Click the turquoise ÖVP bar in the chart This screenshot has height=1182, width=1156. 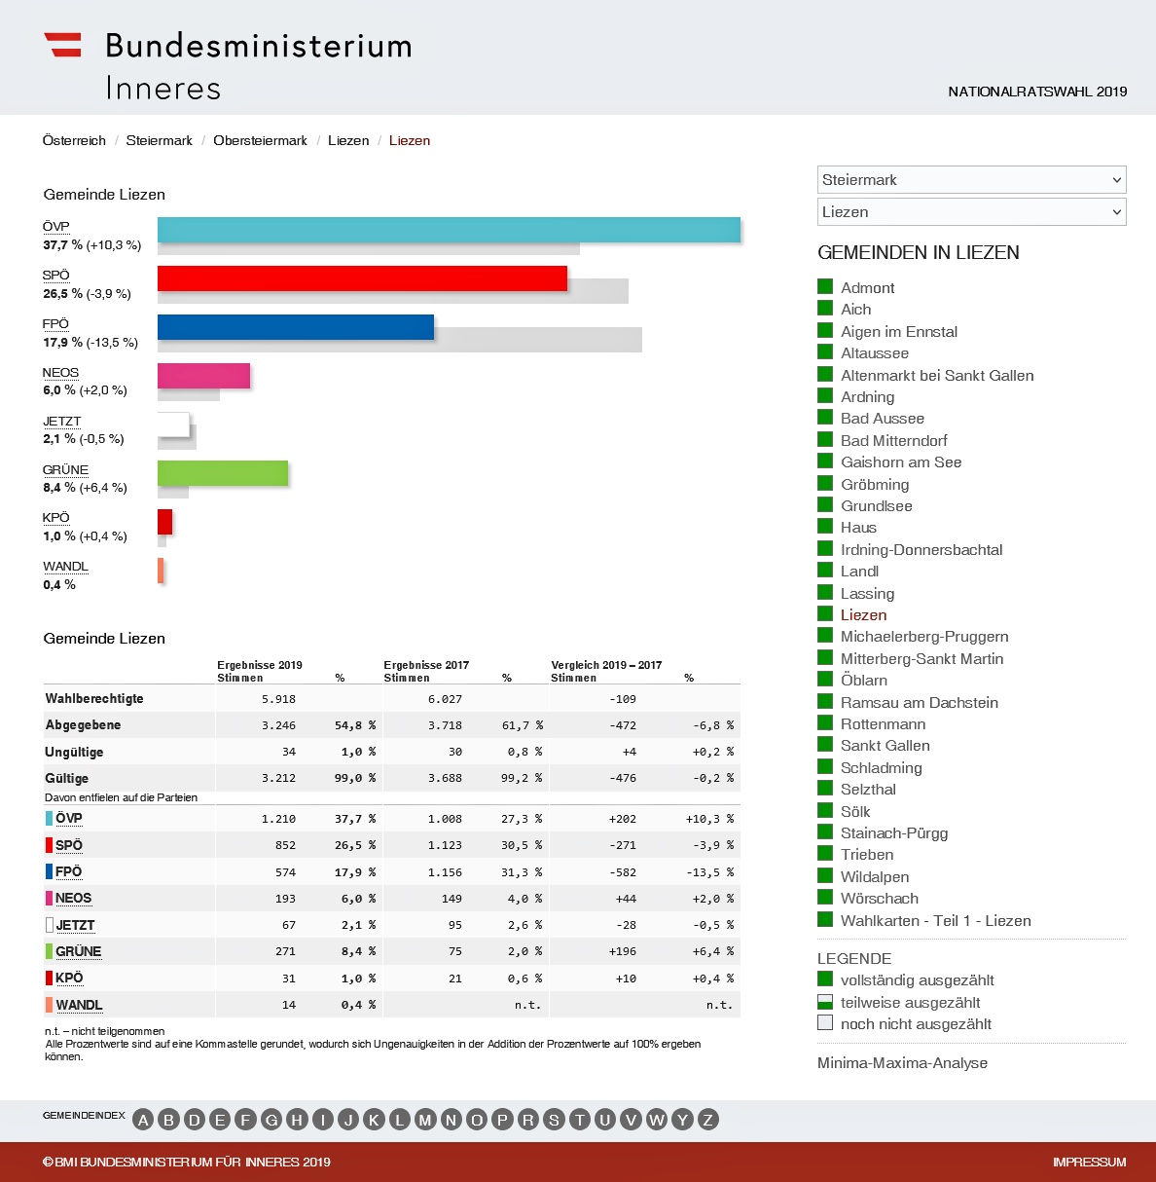click(x=449, y=230)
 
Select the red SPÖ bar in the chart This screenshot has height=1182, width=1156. click(x=362, y=278)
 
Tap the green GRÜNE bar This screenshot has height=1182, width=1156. click(x=223, y=473)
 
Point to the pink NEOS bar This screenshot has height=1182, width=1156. click(x=203, y=376)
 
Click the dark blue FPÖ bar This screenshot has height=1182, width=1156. click(x=296, y=327)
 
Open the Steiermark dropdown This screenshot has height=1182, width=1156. click(x=971, y=180)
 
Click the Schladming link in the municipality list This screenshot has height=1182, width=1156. click(x=881, y=767)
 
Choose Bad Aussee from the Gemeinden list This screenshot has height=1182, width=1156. click(x=882, y=419)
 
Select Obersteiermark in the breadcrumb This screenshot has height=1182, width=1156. click(x=260, y=141)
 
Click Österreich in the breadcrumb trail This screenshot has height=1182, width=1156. click(x=74, y=141)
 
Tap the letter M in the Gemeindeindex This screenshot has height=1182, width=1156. click(x=425, y=1120)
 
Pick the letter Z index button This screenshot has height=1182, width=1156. click(x=707, y=1120)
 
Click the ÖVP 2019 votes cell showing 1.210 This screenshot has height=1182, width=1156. click(x=278, y=819)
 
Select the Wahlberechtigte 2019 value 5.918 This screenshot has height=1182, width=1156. click(x=278, y=699)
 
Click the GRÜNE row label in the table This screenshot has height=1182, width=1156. click(x=78, y=951)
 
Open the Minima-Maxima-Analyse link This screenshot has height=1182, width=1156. click(x=902, y=1063)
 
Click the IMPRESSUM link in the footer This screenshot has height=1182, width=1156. click(x=1089, y=1163)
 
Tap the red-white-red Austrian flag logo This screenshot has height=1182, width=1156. click(x=63, y=45)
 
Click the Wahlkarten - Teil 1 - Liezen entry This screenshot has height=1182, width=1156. click(x=935, y=921)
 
